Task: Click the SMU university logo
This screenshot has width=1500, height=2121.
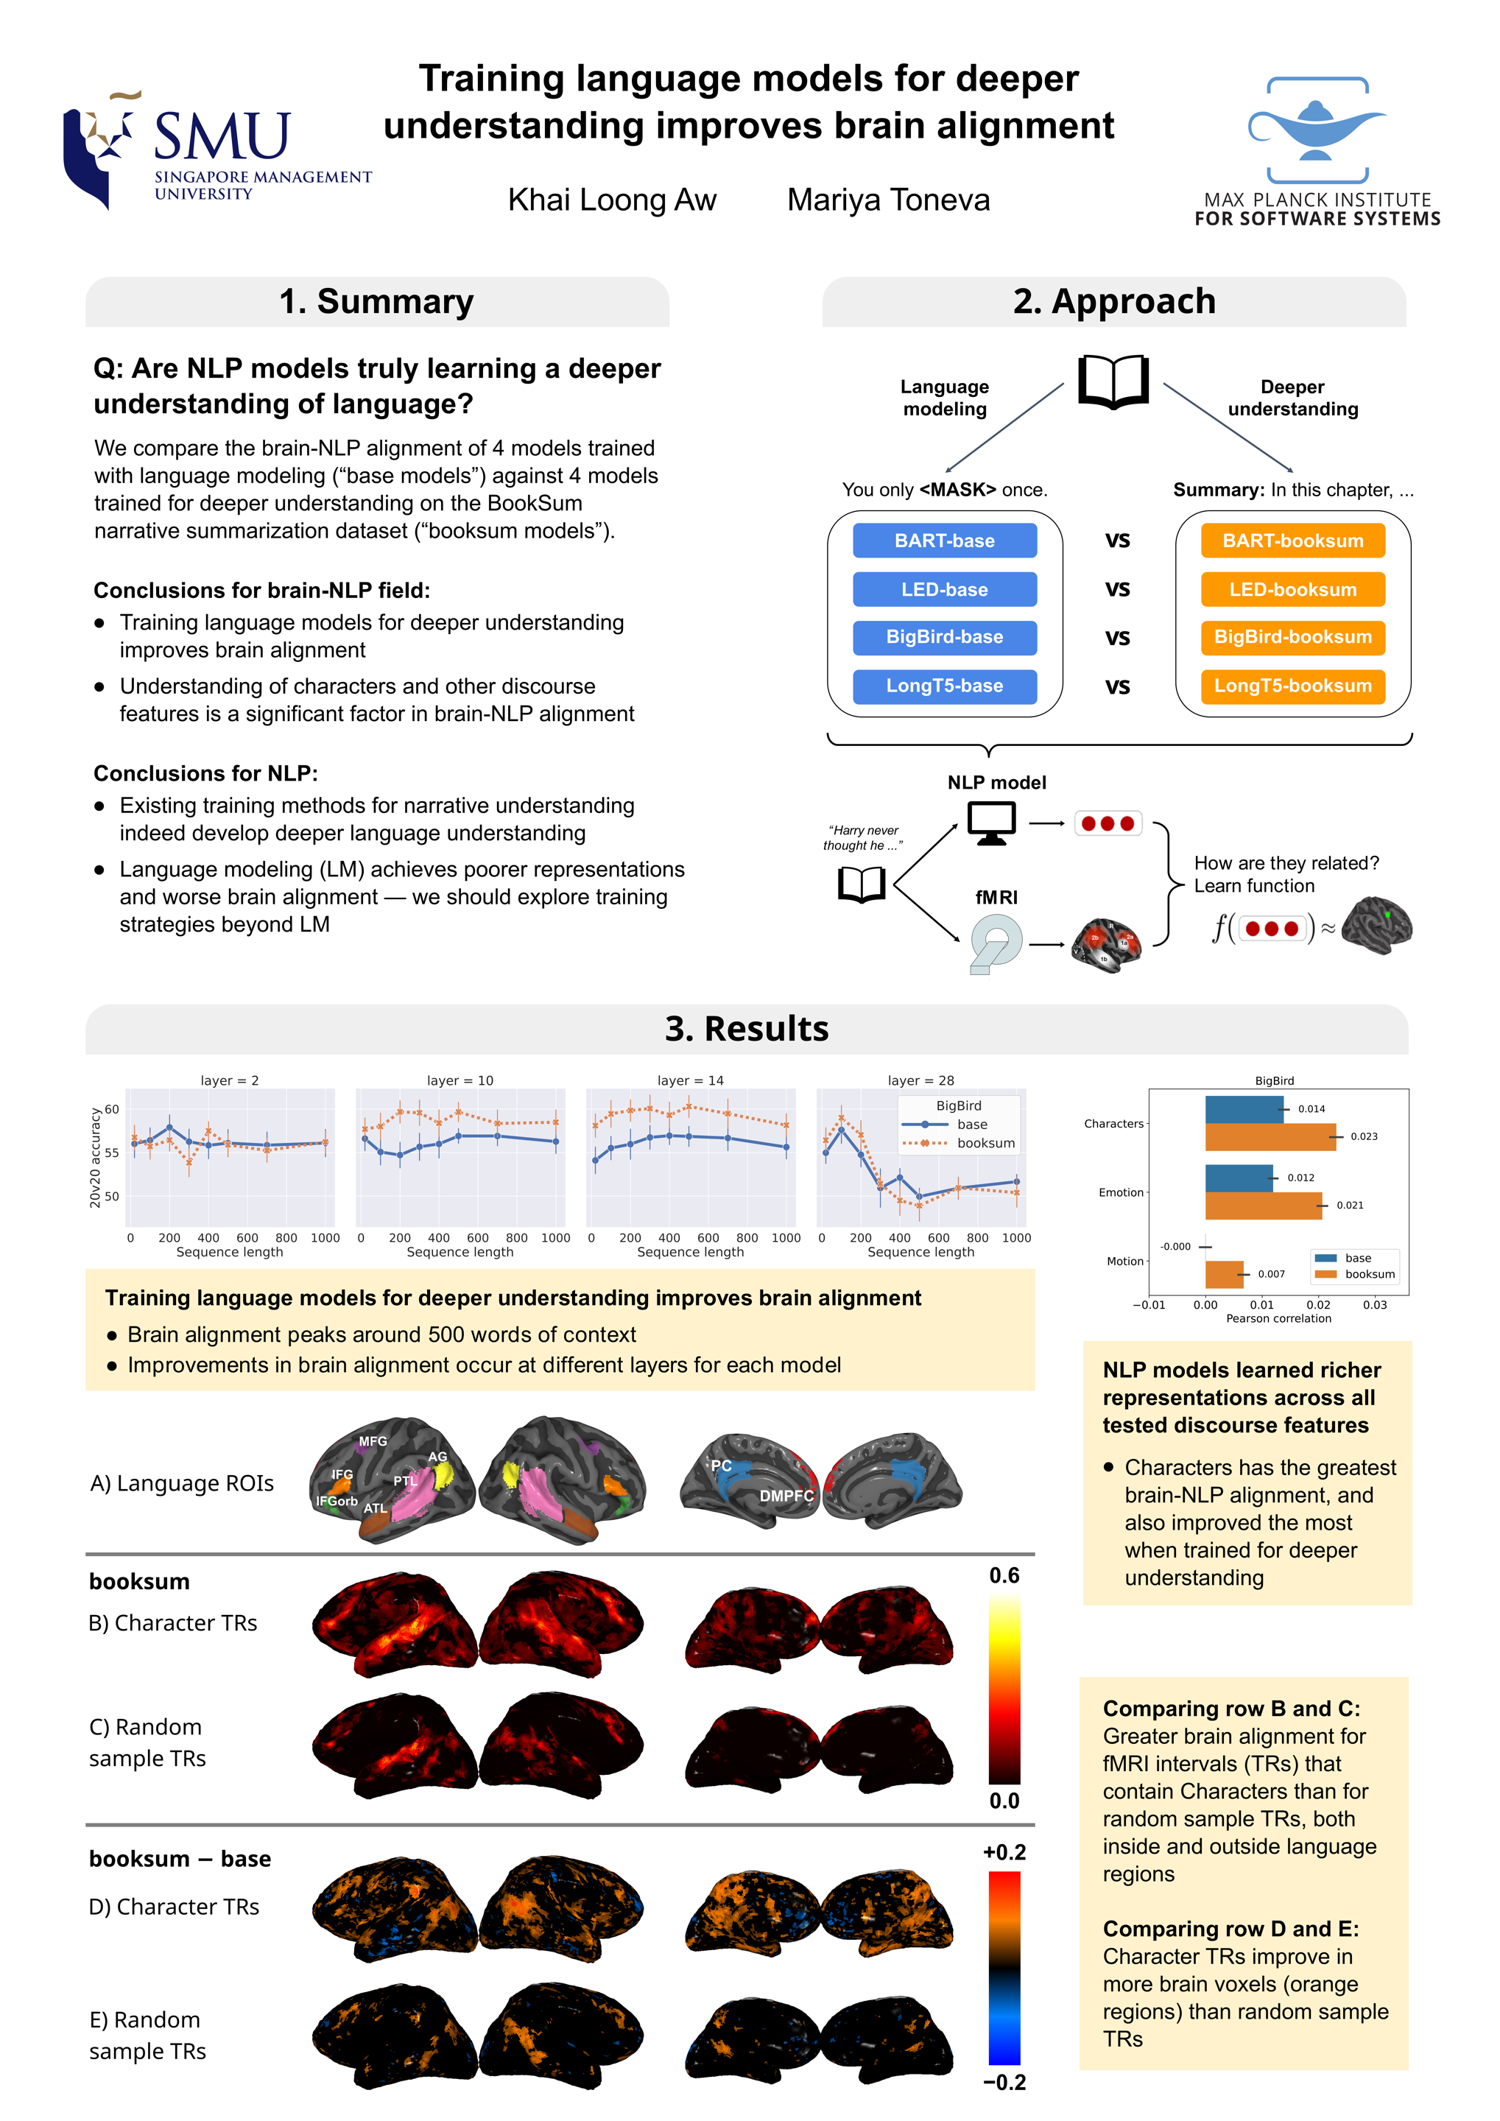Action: tap(216, 150)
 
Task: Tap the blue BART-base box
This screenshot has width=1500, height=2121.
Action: tap(944, 541)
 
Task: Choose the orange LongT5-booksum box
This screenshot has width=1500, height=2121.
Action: tap(1292, 686)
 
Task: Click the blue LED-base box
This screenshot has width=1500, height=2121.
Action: tap(944, 589)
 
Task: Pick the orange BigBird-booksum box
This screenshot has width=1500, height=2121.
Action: tap(1292, 636)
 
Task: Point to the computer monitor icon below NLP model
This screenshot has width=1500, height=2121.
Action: tap(991, 822)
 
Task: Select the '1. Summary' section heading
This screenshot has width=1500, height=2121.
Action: tap(376, 302)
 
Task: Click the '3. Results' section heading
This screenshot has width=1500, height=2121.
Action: tap(746, 1028)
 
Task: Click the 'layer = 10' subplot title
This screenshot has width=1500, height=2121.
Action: tap(460, 1080)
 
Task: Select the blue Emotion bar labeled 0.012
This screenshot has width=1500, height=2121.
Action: tap(1239, 1178)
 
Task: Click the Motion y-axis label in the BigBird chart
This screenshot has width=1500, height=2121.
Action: tap(1124, 1261)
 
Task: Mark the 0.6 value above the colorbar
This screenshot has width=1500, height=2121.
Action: tap(1004, 1575)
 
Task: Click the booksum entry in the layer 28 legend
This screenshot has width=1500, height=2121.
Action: tap(985, 1143)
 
